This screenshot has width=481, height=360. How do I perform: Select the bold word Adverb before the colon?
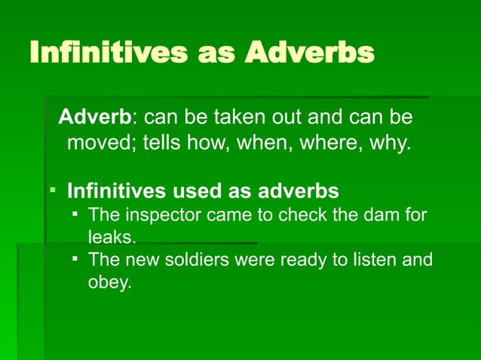pyautogui.click(x=95, y=117)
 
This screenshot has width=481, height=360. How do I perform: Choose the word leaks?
pyautogui.click(x=112, y=237)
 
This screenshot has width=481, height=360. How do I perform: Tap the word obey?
pyautogui.click(x=109, y=283)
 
